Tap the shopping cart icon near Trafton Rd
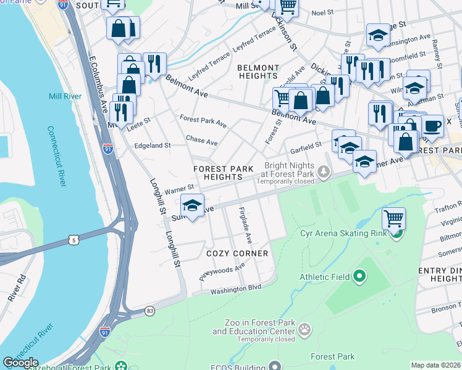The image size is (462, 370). point(393,217)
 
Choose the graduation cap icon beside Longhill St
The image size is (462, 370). point(193,205)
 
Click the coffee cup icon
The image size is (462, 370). point(432,125)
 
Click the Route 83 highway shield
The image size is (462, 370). point(150,311)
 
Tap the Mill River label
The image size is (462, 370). point(65,96)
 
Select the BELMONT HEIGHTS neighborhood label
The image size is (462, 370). point(258,72)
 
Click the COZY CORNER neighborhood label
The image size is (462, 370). point(238,253)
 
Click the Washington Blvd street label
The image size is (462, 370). point(236,289)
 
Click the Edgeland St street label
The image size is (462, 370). point(152,146)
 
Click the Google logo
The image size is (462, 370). point(20,363)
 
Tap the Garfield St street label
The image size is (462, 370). point(306,146)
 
